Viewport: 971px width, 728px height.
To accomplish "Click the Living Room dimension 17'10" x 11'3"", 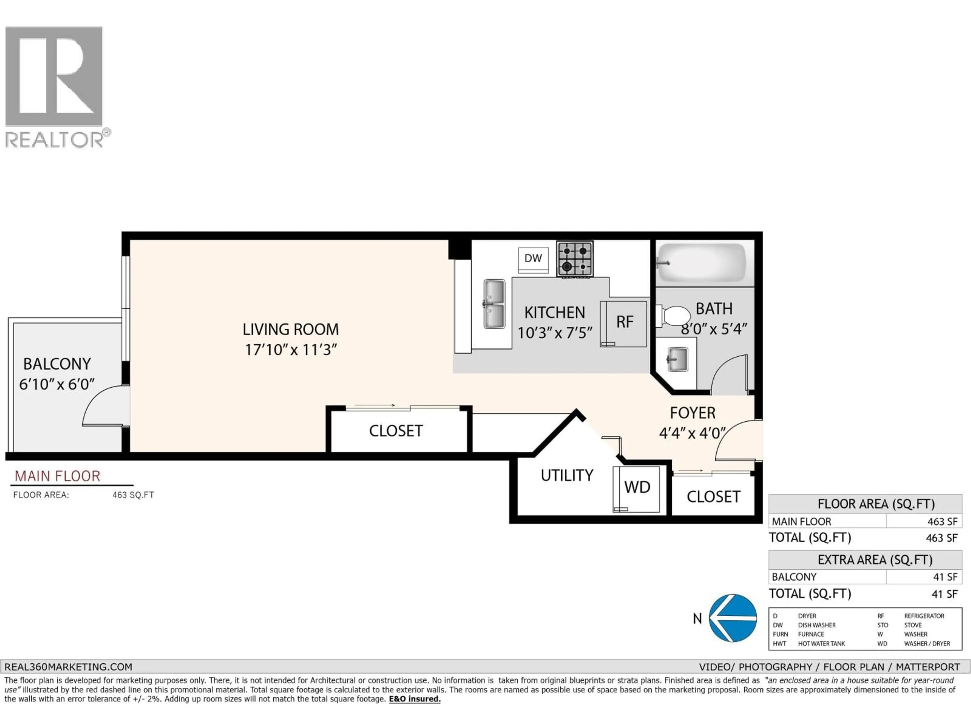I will pyautogui.click(x=291, y=350).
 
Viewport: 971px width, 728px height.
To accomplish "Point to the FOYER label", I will pyautogui.click(x=692, y=413).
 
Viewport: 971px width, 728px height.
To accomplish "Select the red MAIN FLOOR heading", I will pyautogui.click(x=57, y=476).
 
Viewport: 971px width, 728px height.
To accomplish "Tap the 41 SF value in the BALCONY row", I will pyautogui.click(x=945, y=577).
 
